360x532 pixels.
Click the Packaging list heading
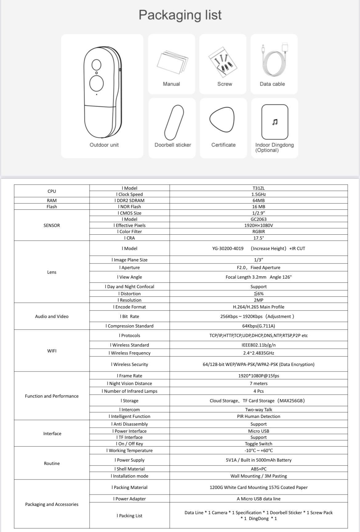point(180,15)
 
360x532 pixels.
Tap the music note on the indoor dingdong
point(275,122)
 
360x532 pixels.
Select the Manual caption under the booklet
point(171,84)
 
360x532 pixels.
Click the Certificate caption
point(223,145)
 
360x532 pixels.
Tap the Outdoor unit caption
point(104,145)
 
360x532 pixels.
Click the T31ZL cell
point(258,188)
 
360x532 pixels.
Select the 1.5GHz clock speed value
point(258,194)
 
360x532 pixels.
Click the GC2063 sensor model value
point(258,219)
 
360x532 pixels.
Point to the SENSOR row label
point(52,225)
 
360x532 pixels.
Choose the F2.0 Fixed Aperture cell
point(258,268)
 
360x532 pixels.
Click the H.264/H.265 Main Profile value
point(258,307)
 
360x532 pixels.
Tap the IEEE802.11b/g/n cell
point(258,345)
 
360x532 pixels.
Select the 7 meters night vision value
point(258,383)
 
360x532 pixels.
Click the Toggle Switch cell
point(258,444)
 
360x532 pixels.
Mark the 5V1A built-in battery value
point(258,460)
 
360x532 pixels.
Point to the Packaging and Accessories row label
point(52,504)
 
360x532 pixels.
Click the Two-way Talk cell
point(258,410)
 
